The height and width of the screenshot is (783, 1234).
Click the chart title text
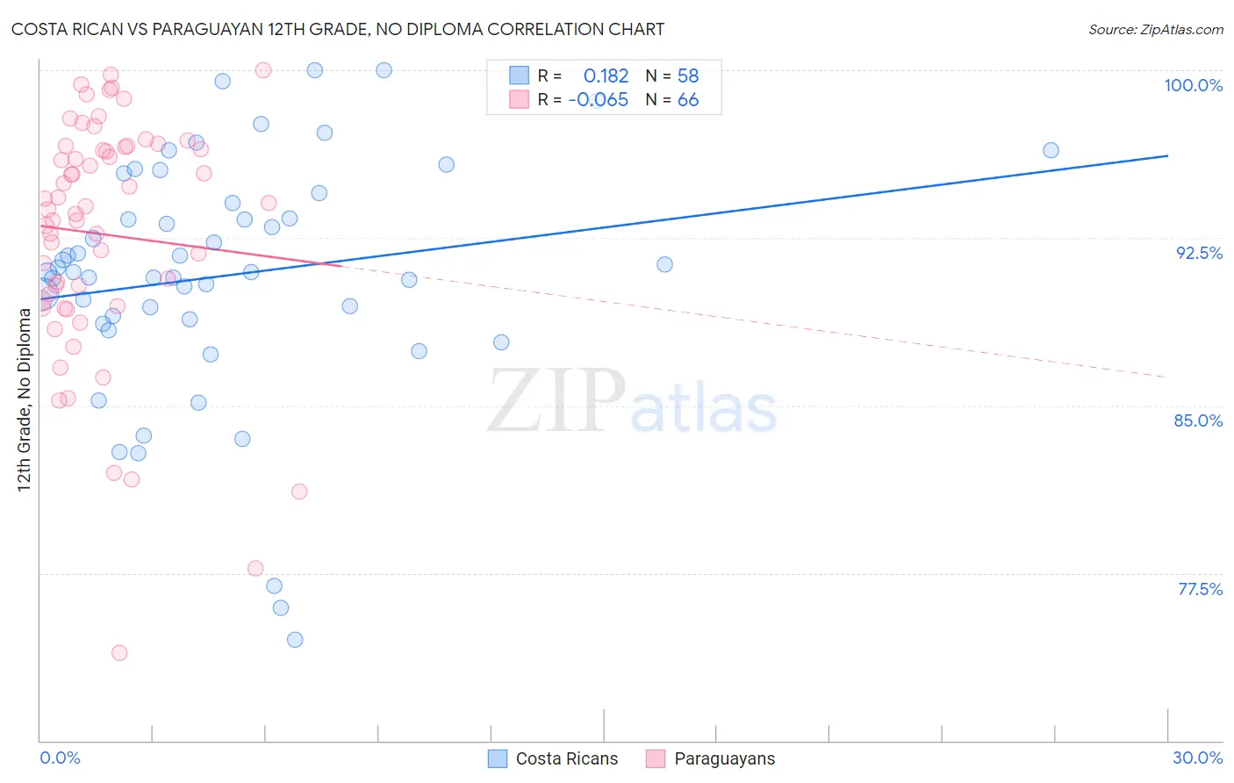tap(338, 29)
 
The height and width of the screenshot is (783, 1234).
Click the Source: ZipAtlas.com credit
tap(1155, 29)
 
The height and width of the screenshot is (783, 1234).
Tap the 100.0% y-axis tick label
tap(1193, 85)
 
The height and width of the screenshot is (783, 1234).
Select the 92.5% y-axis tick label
tap(1199, 253)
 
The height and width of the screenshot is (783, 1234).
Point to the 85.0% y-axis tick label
tap(1198, 420)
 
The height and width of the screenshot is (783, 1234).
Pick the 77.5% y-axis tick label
tap(1200, 589)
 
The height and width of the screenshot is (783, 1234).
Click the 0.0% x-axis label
tap(60, 758)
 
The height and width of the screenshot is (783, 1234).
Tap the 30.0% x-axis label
tap(1197, 758)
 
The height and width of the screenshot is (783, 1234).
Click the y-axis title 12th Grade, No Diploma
tap(24, 399)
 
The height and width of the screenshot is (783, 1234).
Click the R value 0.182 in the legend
tap(606, 75)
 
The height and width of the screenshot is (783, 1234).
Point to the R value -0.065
tap(599, 100)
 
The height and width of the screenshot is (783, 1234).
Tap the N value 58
tap(688, 75)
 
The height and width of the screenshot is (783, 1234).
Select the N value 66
tap(688, 100)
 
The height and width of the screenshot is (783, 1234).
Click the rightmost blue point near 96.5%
tap(1051, 150)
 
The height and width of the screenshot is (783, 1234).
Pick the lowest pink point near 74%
tap(119, 652)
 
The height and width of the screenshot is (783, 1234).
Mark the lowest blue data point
tap(295, 639)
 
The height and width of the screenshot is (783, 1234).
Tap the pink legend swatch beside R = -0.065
tap(520, 99)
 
